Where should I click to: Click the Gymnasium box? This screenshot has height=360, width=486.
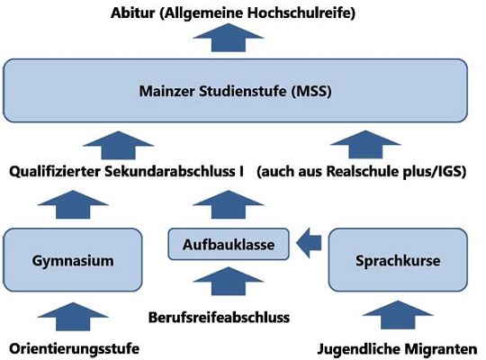73,260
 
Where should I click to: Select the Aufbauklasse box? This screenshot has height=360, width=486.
229,244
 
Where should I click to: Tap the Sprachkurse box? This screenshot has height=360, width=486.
398,260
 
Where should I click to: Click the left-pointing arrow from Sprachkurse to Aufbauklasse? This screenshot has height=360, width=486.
309,243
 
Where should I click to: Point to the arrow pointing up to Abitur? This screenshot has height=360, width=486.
229,38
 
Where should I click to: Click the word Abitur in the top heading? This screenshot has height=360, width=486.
132,13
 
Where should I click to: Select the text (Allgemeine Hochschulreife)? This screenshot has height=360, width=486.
257,13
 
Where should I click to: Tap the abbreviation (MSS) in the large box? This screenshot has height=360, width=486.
311,91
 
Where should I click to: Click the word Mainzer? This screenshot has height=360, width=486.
166,91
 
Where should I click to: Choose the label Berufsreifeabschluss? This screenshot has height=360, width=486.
219,317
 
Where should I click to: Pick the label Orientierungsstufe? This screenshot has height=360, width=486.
75,348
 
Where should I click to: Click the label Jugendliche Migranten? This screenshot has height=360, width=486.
398,349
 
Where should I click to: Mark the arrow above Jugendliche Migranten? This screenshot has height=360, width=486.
398,315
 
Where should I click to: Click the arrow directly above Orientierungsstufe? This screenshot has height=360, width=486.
73,317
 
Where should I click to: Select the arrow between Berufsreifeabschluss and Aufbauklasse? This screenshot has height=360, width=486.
229,281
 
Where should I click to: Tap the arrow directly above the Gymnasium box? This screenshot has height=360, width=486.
73,204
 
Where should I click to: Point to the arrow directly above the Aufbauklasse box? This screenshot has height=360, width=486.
229,204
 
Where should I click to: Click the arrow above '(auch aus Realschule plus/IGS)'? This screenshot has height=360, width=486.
365,145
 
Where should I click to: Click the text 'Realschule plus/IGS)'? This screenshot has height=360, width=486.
396,172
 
